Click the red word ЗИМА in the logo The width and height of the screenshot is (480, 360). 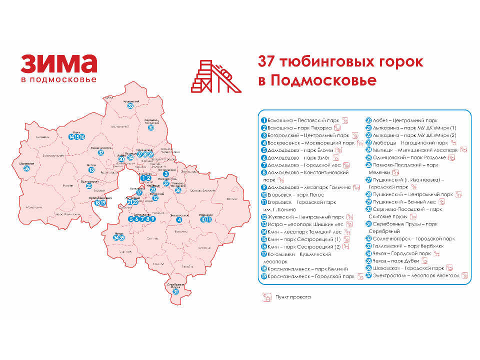(x=58, y=64)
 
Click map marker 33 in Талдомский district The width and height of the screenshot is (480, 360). (x=130, y=105)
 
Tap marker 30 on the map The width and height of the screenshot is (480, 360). (x=151, y=127)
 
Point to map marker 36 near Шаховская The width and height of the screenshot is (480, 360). (x=26, y=168)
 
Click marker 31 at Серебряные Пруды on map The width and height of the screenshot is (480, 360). (x=175, y=291)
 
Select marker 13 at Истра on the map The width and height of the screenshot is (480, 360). (x=91, y=169)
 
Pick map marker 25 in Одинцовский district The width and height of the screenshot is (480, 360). (x=89, y=186)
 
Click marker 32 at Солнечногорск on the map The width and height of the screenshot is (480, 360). (x=101, y=152)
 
